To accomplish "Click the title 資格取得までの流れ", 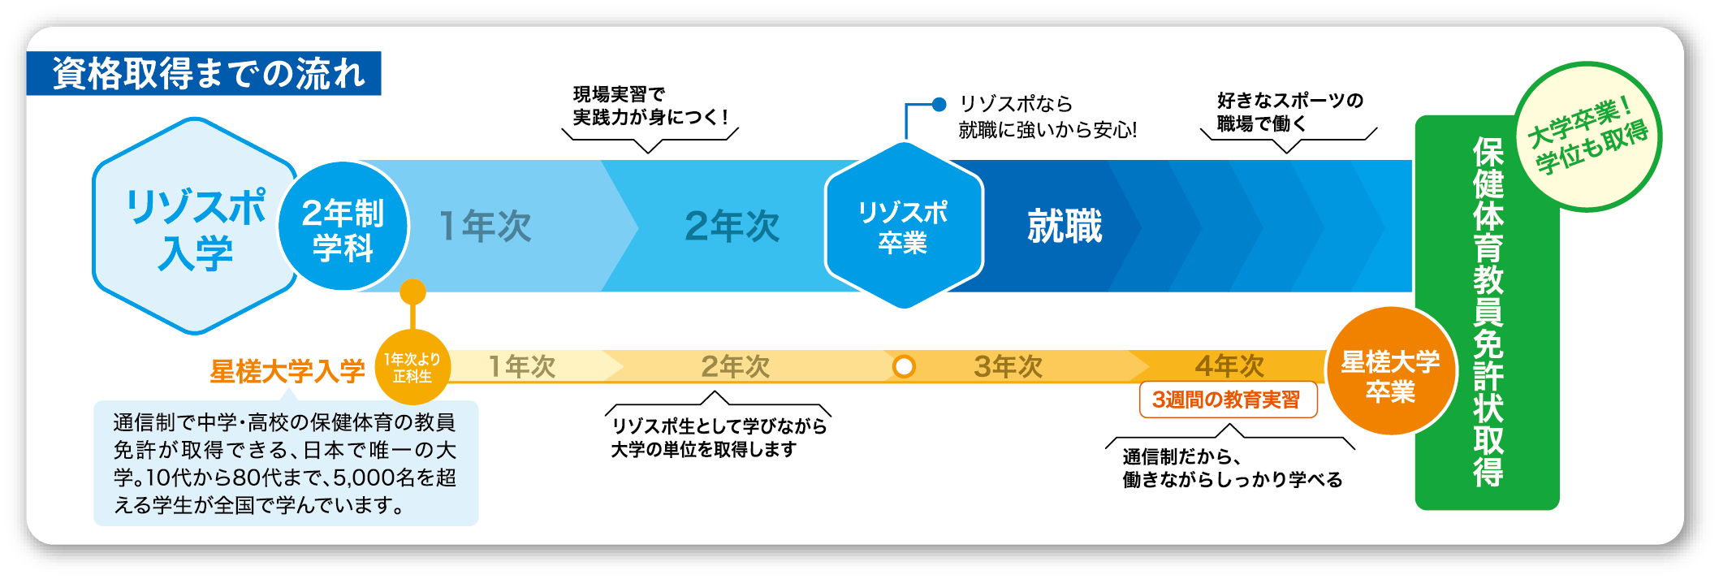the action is pos(209,73).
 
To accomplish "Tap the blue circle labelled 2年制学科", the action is pos(343,227).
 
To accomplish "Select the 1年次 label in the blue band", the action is pos(485,226).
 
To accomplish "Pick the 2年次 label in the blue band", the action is pos(732,226).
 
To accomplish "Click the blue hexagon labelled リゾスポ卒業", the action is pos(904,225).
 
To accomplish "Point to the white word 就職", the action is pos(1065,226).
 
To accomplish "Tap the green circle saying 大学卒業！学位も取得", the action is pos(1587,136).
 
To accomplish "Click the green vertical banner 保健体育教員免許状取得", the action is pos(1488,313).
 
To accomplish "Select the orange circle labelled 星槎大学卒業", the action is pos(1390,371).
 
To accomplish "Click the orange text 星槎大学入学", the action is pos(287,371).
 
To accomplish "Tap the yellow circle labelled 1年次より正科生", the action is pos(412,367).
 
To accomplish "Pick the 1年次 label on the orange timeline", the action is pos(521,366).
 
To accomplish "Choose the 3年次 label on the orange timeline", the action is pos(1008,366).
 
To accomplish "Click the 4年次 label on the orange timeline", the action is pos(1229,366).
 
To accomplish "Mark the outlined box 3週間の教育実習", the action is pos(1228,400).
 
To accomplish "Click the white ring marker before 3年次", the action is pos(904,367).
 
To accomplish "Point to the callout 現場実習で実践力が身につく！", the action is pos(650,106).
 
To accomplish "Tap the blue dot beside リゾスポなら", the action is pos(939,104).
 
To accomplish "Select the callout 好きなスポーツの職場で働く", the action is pos(1289,112).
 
